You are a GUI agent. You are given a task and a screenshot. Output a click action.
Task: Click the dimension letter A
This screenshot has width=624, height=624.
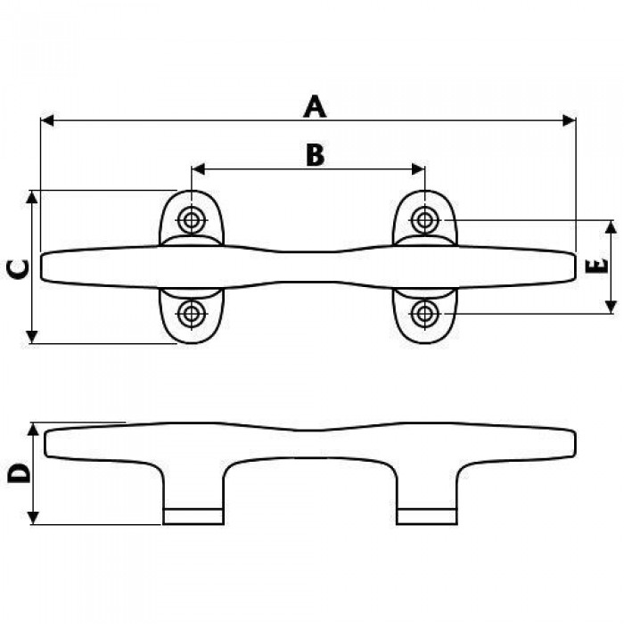click(x=315, y=107)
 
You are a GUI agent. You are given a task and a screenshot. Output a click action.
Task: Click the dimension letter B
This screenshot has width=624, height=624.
click(x=316, y=155)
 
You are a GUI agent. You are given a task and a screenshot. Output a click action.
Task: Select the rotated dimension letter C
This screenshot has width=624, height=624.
click(x=19, y=269)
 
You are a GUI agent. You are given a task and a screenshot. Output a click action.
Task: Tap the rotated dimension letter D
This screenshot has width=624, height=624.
click(x=19, y=472)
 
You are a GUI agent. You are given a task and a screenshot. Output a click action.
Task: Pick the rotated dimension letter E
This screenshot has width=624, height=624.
click(x=597, y=266)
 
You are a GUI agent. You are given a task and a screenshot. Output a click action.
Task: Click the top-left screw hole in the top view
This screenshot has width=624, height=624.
click(x=192, y=219)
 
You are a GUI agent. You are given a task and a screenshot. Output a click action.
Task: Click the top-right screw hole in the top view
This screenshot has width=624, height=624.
click(x=425, y=219)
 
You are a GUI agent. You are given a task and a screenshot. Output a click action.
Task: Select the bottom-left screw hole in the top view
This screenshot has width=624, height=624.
click(x=192, y=314)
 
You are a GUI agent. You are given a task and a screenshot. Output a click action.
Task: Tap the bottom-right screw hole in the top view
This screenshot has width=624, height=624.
click(x=425, y=314)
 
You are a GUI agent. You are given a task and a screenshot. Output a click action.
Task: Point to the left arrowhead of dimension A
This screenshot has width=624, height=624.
click(x=47, y=120)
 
